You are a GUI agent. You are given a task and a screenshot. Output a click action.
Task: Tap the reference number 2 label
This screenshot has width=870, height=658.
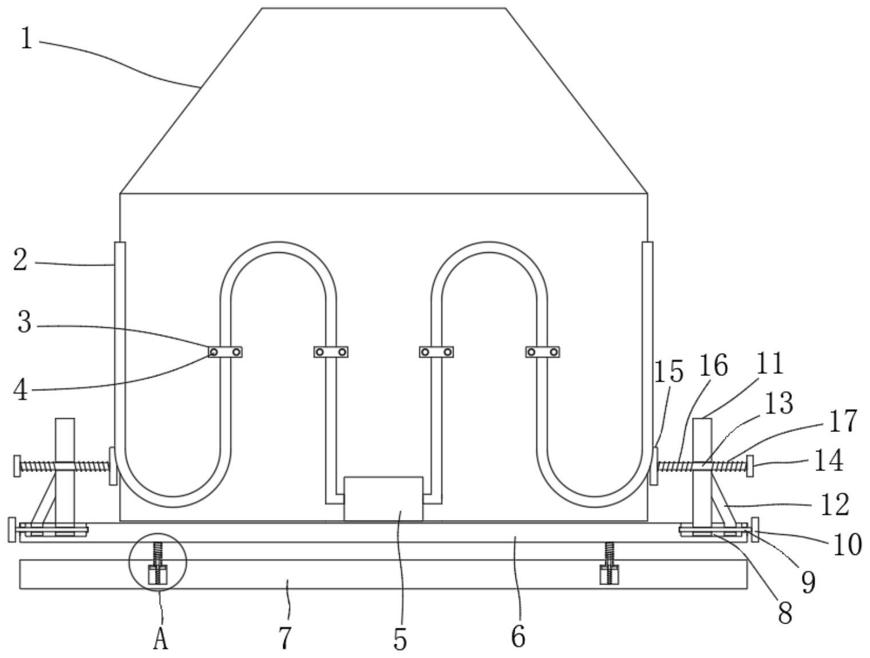click(x=20, y=260)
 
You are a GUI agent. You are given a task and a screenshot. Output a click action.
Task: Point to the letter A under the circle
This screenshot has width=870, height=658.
click(x=161, y=639)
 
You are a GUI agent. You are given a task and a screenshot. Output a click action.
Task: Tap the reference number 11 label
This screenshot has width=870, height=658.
click(x=769, y=363)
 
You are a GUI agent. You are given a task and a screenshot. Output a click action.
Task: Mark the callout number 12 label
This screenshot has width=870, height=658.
click(x=835, y=505)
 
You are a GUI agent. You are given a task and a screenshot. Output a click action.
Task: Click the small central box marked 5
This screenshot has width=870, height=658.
click(x=383, y=499)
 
